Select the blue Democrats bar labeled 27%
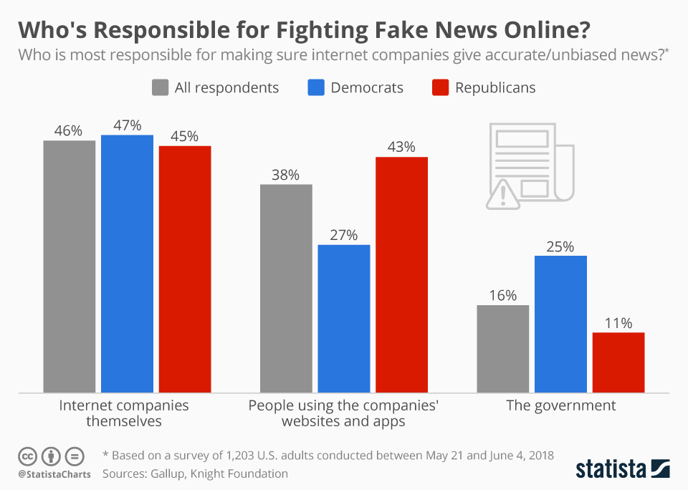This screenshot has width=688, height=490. click(343, 318)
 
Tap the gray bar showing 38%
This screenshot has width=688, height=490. click(286, 288)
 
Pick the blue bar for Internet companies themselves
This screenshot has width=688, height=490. click(127, 263)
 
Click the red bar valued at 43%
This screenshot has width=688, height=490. click(401, 274)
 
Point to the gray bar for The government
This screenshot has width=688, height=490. click(502, 348)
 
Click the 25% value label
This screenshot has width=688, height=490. click(560, 246)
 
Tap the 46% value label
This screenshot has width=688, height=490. click(69, 131)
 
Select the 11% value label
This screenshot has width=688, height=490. click(618, 323)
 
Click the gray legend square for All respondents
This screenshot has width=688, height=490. click(160, 88)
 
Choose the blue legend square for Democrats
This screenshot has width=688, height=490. click(316, 88)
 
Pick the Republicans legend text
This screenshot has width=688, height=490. click(495, 88)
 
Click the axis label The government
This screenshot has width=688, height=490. click(560, 405)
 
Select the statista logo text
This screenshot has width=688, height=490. click(611, 469)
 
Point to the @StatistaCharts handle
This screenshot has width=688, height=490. click(54, 474)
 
